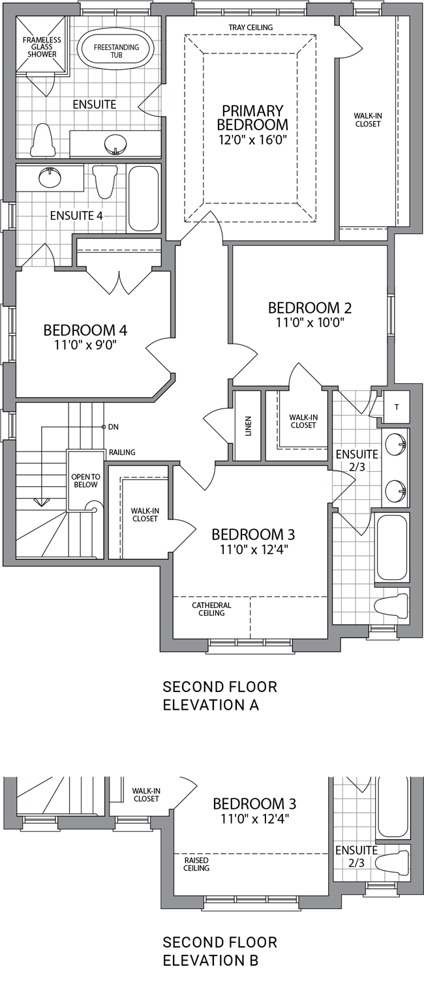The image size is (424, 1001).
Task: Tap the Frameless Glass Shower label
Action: [42, 47]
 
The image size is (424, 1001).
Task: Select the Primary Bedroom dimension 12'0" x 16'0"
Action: [252, 139]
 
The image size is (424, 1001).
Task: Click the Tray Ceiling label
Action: [250, 27]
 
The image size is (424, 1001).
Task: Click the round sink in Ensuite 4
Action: [50, 177]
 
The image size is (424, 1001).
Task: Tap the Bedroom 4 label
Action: [85, 330]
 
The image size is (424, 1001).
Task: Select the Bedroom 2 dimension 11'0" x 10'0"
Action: [309, 322]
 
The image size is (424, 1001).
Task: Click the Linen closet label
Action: [249, 426]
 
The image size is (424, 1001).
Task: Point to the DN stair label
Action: [113, 427]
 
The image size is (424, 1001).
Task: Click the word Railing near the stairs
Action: [122, 452]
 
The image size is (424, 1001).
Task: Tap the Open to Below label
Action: [85, 481]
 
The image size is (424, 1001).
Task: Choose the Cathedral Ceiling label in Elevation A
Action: [211, 609]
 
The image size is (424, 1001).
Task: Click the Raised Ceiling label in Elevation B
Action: [196, 863]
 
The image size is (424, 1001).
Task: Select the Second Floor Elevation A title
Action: [220, 696]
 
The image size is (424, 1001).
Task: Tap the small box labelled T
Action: [396, 407]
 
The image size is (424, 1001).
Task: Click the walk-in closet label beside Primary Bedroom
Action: [368, 120]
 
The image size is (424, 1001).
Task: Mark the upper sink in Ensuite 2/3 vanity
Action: [396, 444]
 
